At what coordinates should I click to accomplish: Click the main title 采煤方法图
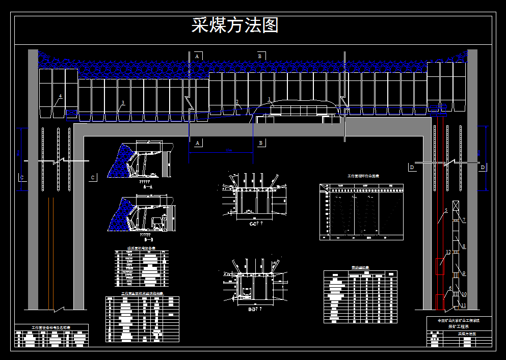tap(235, 25)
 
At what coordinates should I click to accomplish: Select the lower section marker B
tap(260, 143)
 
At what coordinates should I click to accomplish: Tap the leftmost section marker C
tap(22, 177)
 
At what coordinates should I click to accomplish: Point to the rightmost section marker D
tap(483, 167)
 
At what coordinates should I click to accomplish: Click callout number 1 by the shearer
tap(269, 99)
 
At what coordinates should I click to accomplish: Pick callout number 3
tap(122, 103)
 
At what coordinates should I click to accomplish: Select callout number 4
tap(60, 96)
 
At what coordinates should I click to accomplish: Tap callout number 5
tap(445, 210)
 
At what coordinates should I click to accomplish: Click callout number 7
tap(464, 219)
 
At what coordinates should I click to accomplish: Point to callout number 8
tap(464, 246)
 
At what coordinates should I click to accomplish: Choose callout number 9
tap(464, 273)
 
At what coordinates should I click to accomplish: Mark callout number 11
tap(463, 305)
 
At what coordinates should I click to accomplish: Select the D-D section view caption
tap(254, 309)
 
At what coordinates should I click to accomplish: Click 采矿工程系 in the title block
tap(459, 327)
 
